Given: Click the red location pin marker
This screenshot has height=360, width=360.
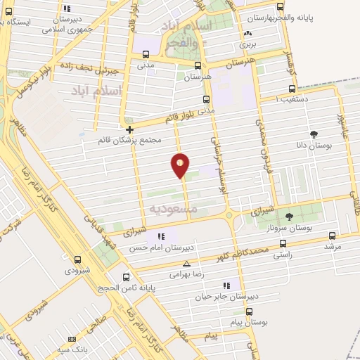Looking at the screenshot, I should point(181,166).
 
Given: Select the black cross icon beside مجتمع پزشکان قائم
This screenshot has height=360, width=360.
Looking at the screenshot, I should point(129,129).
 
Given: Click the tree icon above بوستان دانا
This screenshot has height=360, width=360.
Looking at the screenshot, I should point(314,134).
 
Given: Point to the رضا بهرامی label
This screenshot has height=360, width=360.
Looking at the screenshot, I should point(186,275).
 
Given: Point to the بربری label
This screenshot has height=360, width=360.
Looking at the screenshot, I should point(247,44).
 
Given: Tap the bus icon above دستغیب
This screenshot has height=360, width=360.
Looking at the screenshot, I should point(292,89).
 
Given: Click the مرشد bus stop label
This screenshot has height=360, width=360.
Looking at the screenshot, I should point(332,247).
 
